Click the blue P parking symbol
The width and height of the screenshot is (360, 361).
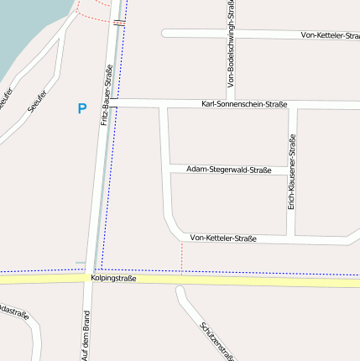[81, 108]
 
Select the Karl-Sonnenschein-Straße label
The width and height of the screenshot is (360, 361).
[244, 104]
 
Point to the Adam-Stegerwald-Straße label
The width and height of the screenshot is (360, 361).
[228, 170]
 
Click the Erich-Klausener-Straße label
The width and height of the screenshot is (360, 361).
[292, 173]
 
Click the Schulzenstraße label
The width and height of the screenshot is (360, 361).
[215, 340]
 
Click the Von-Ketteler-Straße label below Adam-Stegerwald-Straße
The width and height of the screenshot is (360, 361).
[223, 238]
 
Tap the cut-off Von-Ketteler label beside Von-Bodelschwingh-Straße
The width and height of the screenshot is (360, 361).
[330, 35]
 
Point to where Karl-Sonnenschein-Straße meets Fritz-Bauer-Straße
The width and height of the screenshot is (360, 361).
[112, 103]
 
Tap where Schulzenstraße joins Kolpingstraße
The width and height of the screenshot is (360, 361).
[179, 285]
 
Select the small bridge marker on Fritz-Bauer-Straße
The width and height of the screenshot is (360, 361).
[118, 23]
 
